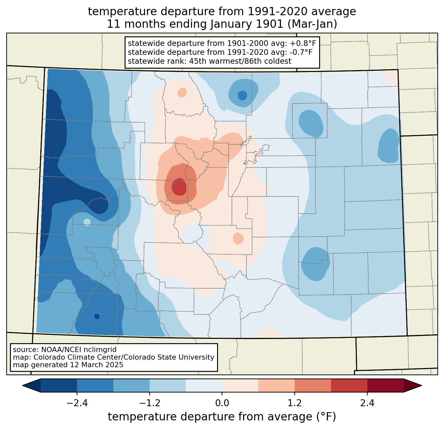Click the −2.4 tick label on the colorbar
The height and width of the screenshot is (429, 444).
(77, 403)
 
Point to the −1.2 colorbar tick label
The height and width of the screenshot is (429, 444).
(150, 403)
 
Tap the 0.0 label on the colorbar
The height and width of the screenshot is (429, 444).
(222, 403)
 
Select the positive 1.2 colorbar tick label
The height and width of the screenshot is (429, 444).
(295, 403)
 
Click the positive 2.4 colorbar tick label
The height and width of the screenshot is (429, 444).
(367, 403)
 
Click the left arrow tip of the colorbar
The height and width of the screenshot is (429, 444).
(22, 386)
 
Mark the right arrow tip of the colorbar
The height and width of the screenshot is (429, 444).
(422, 386)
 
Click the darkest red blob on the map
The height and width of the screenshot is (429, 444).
(179, 187)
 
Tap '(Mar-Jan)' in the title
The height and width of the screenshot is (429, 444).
(312, 24)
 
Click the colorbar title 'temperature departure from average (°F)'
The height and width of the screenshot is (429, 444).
(222, 416)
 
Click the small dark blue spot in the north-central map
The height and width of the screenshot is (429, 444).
(242, 95)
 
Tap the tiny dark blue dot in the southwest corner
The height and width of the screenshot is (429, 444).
(97, 317)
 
